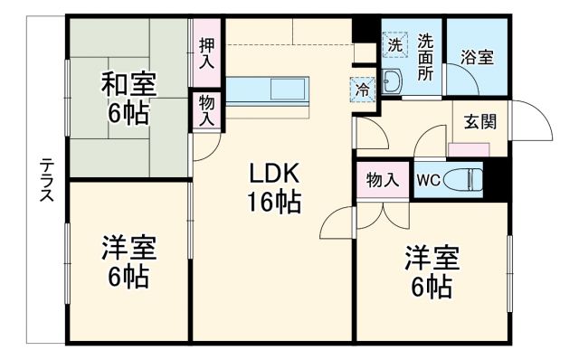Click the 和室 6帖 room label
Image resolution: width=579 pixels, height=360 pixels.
point(128,99)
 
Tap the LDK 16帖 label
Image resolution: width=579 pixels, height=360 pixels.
point(269,187)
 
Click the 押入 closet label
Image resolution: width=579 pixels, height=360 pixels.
point(207,52)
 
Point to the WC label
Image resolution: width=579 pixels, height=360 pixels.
point(427,179)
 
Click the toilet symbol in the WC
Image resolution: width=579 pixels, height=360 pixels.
point(465,179)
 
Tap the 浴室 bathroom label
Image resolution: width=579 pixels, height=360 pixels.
point(477,56)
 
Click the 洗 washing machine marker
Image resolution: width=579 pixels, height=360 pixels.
point(395,44)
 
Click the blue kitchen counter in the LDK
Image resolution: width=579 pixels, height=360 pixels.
point(268,90)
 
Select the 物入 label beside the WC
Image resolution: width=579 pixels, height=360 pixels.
point(383,178)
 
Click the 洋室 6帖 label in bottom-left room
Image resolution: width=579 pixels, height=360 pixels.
point(128,261)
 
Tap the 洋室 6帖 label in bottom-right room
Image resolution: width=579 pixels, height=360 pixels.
point(432,271)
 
